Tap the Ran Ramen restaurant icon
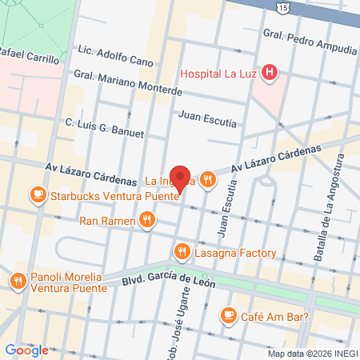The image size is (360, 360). coord(146,219)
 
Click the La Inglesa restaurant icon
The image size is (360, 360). coord(208,180)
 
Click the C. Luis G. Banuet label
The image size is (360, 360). coord(104,128)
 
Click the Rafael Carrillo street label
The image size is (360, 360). coord(30,58)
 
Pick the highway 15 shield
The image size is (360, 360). coord(284,7)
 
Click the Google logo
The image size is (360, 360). coord(26,350)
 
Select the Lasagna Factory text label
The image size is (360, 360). coord(237,253)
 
